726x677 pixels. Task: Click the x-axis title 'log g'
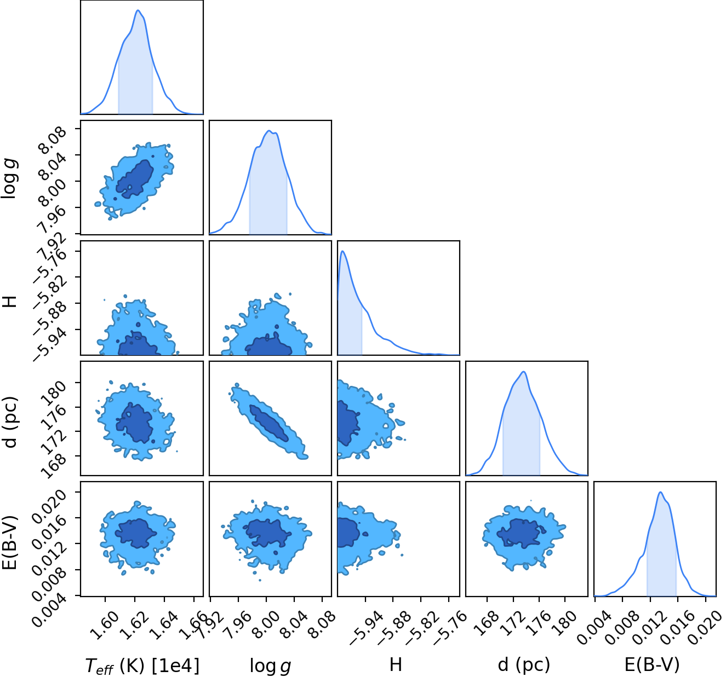270,666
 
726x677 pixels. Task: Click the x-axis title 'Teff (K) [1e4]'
142,666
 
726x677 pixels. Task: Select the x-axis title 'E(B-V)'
652,664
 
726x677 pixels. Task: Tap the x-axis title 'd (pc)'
524,664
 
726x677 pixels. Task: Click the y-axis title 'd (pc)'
10,422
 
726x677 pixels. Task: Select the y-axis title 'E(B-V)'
10,542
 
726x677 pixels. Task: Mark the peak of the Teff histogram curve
138,10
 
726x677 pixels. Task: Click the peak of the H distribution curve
342,251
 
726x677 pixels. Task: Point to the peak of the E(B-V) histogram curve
661,492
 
